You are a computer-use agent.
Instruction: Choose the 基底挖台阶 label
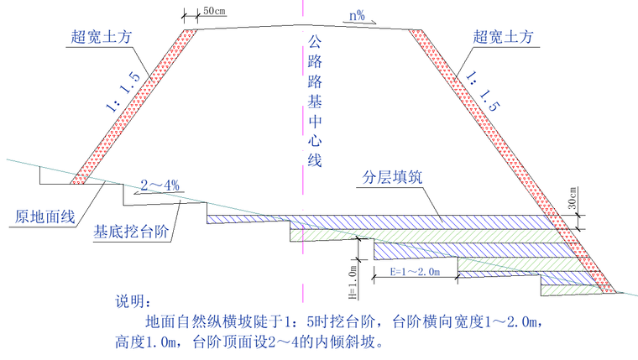click(130, 232)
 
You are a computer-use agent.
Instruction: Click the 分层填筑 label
click(394, 179)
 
